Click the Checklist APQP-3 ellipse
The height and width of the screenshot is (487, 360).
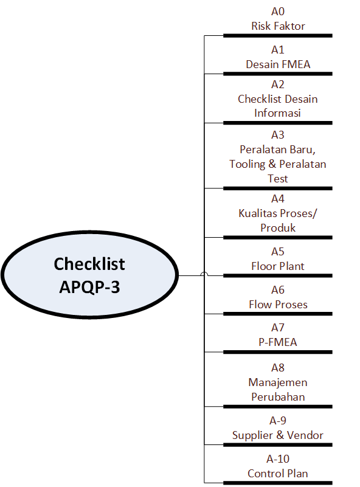point(89,275)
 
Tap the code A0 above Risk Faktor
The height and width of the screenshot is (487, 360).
point(278,12)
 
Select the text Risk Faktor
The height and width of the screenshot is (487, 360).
point(278,26)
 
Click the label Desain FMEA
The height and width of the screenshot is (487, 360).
point(278,64)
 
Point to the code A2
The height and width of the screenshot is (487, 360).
point(278,85)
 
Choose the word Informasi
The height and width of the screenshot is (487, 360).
point(277,113)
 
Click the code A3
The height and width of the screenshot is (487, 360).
point(278,135)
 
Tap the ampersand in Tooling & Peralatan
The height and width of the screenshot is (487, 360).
point(272,164)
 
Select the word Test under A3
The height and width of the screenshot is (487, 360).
point(278,179)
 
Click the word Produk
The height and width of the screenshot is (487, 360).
point(278,228)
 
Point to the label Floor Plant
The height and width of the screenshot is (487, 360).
point(278,266)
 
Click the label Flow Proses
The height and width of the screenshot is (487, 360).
point(278,305)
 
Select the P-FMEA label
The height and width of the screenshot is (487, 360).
point(278,342)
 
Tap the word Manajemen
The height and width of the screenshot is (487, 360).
point(278,382)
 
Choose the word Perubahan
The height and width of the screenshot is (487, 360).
point(278,397)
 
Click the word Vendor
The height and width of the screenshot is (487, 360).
point(305,435)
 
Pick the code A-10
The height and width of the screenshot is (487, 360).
point(278,459)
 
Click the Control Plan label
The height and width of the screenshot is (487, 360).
point(278,474)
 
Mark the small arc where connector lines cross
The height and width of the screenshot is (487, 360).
point(204,274)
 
